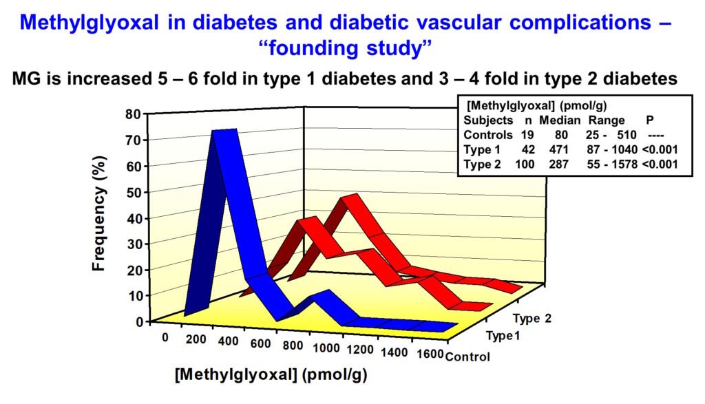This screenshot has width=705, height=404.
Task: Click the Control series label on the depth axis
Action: [468, 357]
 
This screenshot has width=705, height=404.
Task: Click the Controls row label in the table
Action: [488, 135]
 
